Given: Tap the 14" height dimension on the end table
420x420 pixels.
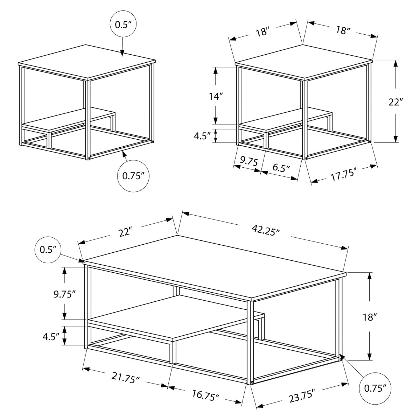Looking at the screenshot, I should coord(216,96).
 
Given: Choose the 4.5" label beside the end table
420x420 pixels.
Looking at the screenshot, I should coord(203,136).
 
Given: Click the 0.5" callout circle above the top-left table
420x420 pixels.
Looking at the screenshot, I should coord(122,24).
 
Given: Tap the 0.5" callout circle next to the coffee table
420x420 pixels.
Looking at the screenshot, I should coord(48,249).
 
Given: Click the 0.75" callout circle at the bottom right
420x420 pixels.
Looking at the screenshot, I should coord(375,388).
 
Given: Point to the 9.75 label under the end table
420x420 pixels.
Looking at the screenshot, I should coord(249,161).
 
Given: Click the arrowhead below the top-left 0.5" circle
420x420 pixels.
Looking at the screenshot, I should coord(122,53).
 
